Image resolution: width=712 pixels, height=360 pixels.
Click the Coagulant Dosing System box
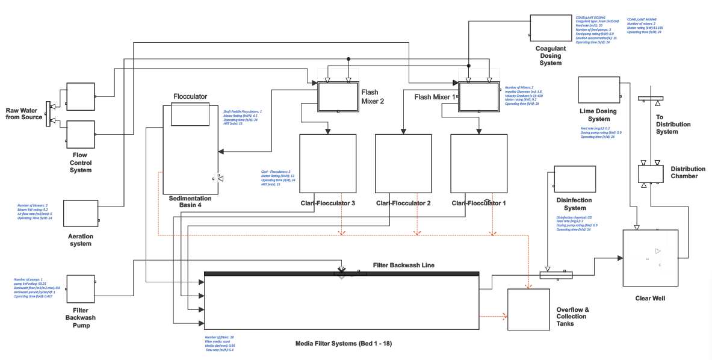pyautogui.click(x=550, y=29)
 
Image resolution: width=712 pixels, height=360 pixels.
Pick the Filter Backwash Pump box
pyautogui.click(x=81, y=291)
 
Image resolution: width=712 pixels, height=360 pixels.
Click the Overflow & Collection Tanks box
pyautogui.click(x=528, y=309)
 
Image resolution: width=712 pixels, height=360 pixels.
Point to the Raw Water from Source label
pyautogui.click(x=24, y=114)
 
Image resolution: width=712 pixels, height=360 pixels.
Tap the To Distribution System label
pyautogui.click(x=673, y=125)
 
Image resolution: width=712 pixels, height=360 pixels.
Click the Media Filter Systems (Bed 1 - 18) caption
pyautogui.click(x=344, y=344)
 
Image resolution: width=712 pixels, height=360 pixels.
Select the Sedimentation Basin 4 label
pyautogui.click(x=190, y=201)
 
